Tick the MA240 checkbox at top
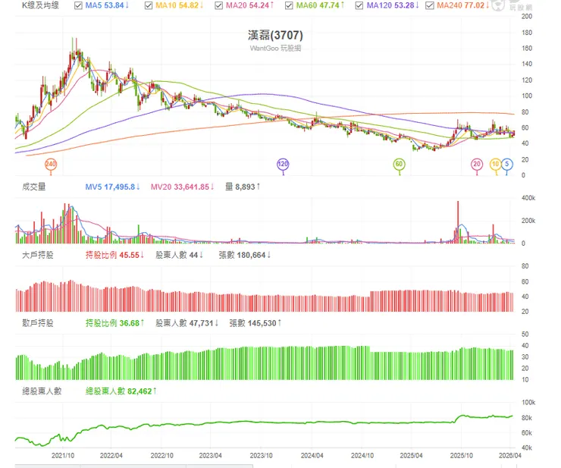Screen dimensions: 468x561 431,6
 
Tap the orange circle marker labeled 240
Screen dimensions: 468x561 51,164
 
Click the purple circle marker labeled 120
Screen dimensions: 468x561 284,164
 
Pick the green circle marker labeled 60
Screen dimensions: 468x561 400,164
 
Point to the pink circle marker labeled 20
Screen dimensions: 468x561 477,164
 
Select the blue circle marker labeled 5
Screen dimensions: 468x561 507,164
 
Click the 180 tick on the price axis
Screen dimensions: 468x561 526,33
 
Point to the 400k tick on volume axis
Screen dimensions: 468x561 528,197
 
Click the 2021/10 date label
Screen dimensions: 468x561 62,457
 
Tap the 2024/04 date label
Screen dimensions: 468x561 312,457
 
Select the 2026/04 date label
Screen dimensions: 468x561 510,457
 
